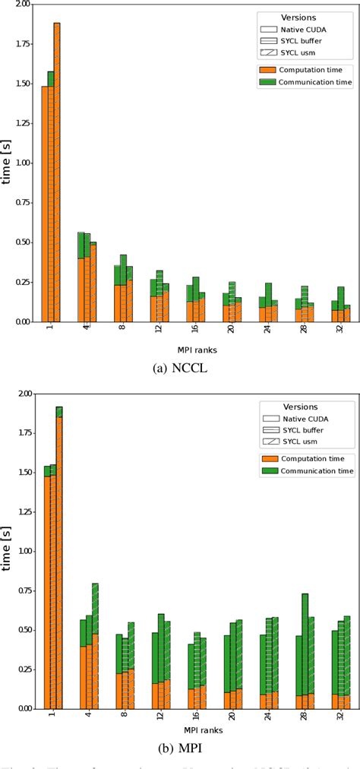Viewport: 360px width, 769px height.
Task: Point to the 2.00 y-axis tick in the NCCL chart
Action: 22,5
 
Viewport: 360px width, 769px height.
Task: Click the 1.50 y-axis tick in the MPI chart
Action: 22,472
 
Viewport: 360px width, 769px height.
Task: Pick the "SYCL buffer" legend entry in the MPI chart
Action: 302,429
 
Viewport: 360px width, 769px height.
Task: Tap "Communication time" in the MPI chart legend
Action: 317,471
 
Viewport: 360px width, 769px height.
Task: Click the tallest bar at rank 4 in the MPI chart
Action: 95,646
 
